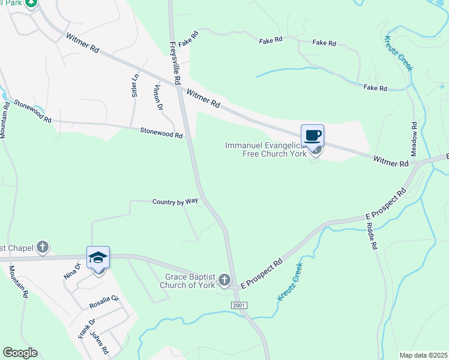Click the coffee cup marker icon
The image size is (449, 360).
(x=312, y=135)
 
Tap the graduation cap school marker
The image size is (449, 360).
(x=98, y=257)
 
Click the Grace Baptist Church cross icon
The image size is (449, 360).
(x=224, y=279)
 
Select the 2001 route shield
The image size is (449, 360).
(x=239, y=306)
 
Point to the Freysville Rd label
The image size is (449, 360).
(x=175, y=62)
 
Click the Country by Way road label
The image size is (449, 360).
(x=175, y=202)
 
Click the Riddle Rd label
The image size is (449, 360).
(x=372, y=236)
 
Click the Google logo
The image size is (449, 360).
(x=20, y=353)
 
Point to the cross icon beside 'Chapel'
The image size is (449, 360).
(x=43, y=247)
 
